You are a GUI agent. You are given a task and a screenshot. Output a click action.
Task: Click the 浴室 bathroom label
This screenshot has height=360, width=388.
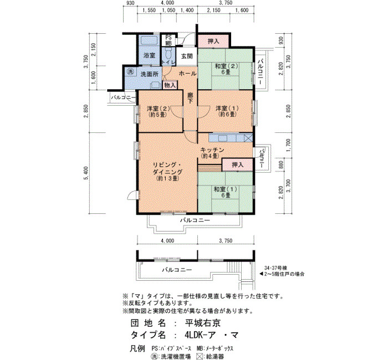pyautogui.click(x=149, y=55)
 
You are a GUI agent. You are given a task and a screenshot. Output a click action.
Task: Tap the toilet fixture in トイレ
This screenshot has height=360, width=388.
pyautogui.click(x=169, y=53)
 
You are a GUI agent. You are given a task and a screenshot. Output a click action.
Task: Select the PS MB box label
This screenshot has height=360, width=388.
pyautogui.click(x=169, y=40)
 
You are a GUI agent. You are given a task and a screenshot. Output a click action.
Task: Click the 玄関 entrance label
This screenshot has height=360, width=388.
pyautogui.click(x=187, y=56)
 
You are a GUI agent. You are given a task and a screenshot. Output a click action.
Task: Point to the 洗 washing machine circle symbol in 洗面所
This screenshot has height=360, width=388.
pyautogui.click(x=130, y=71)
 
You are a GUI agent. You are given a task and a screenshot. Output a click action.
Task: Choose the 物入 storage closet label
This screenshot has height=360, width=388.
pyautogui.click(x=170, y=85)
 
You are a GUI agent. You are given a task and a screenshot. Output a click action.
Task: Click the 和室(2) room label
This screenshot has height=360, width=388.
pyautogui.click(x=226, y=69)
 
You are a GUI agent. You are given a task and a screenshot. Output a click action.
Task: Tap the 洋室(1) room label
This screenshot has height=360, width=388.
pyautogui.click(x=227, y=111)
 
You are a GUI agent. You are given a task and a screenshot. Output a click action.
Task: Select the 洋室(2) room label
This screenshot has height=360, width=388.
pyautogui.click(x=159, y=111)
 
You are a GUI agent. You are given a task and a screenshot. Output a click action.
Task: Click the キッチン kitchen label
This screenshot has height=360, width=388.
pyautogui.click(x=212, y=153)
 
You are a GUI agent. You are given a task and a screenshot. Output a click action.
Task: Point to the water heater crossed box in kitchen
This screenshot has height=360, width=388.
pyautogui.click(x=248, y=137)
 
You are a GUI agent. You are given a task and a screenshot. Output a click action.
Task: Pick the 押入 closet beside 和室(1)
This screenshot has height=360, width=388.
pyautogui.click(x=238, y=164)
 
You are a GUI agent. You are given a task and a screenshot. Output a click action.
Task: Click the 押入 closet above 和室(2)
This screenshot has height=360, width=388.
pyautogui.click(x=213, y=41)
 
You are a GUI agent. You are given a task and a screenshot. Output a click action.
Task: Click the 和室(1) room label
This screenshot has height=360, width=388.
pyautogui.click(x=225, y=192)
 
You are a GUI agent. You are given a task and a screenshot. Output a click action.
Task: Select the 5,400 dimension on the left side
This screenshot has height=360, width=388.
pyautogui.click(x=86, y=173)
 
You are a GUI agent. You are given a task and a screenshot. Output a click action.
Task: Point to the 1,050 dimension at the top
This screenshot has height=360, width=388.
pyautogui.click(x=169, y=10)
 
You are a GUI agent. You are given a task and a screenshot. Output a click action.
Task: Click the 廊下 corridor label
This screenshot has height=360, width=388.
pyautogui.click(x=190, y=98)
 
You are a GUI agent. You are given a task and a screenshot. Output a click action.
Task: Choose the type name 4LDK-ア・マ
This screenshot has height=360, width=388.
pyautogui.click(x=211, y=335)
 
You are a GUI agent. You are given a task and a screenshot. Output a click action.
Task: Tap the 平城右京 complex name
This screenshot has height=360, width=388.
pyautogui.click(x=203, y=323)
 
